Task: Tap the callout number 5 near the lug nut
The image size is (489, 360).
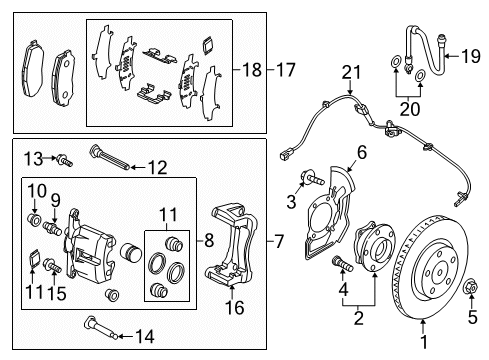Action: tap(473, 321)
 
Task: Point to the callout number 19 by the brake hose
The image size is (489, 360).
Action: tap(475, 55)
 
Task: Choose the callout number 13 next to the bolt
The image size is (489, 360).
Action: tap(32, 158)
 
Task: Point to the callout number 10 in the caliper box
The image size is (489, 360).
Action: tap(32, 190)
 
